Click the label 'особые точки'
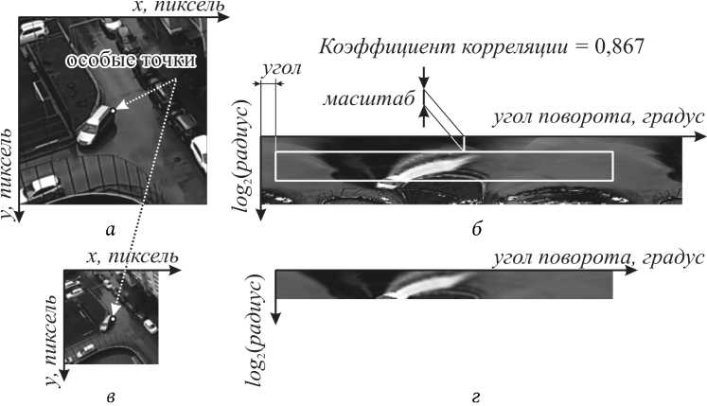click(x=132, y=62)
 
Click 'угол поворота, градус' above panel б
click(x=597, y=118)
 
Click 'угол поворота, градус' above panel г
click(x=597, y=256)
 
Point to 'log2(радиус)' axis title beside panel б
click(x=253, y=152)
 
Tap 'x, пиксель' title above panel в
click(x=127, y=257)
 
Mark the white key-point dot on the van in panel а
click(x=113, y=111)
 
